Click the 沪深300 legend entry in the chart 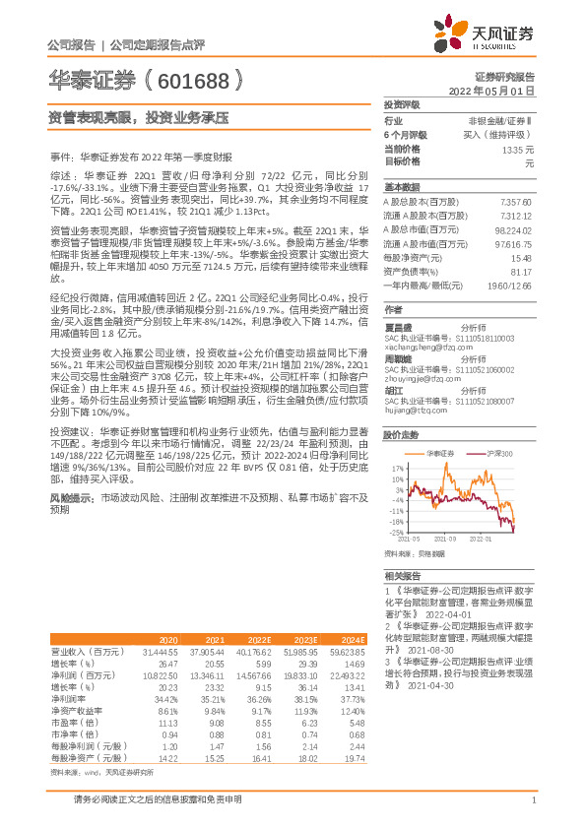coord(499,453)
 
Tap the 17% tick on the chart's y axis coord(396,467)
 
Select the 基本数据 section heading coord(402,187)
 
